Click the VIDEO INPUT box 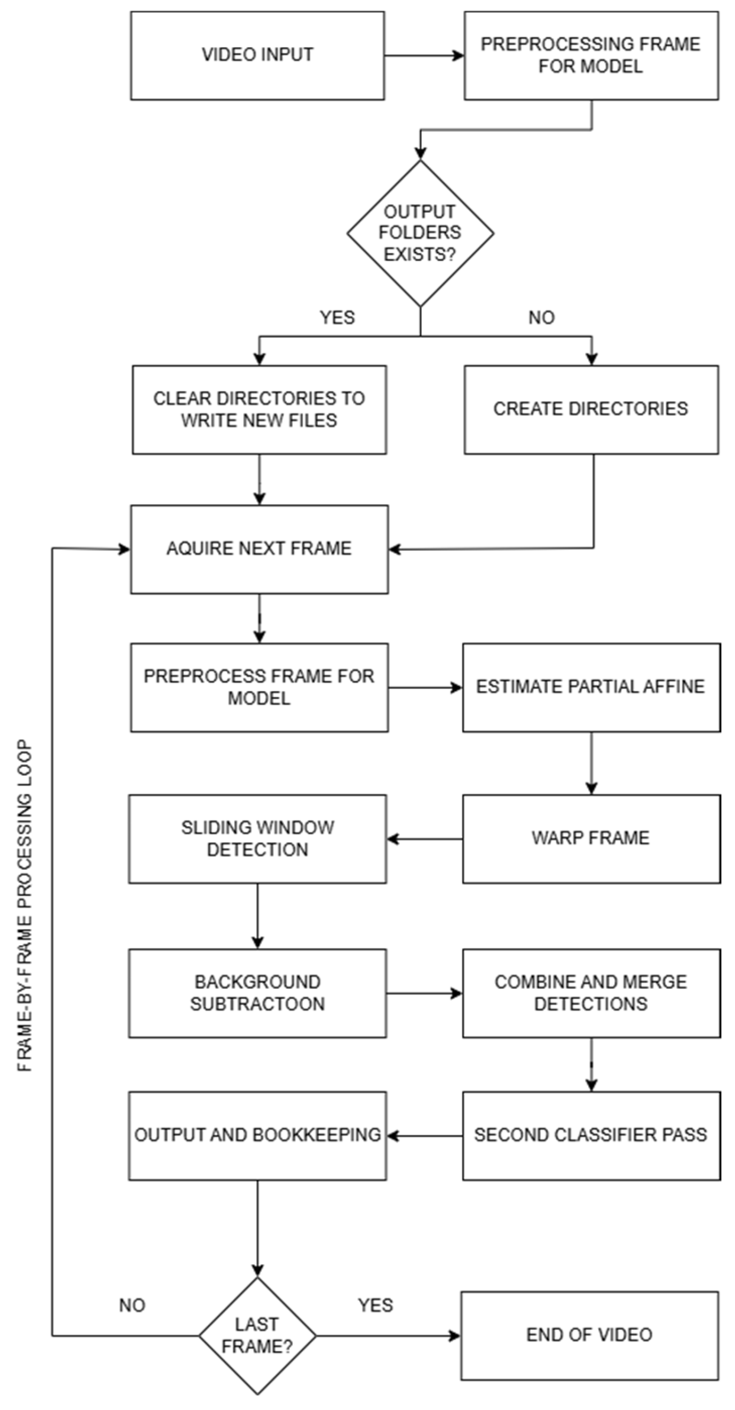257,55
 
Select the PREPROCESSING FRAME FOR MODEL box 591,55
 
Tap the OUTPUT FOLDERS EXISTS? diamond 420,233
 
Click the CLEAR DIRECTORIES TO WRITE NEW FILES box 259,410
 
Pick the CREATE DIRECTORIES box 591,410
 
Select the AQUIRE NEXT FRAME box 259,549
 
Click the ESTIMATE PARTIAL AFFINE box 591,687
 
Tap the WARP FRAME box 591,838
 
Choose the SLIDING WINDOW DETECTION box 257,838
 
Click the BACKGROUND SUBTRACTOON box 257,993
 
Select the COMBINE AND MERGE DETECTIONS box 591,993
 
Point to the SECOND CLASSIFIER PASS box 591,1136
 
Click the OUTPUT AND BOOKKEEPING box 257,1136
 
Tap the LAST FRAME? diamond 257,1335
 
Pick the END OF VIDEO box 589,1335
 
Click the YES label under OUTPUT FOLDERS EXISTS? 337,317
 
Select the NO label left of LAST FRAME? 132,1305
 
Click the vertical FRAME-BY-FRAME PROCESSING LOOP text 25,906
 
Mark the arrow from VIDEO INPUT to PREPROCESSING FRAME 424,55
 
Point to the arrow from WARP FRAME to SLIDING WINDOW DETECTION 425,839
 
